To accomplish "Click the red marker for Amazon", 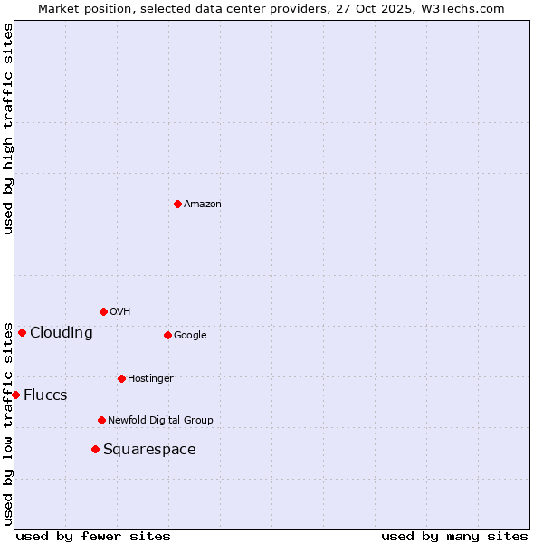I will click(177, 204).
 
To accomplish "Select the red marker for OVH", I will click(103, 311).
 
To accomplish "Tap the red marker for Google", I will click(167, 335).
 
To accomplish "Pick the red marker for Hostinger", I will click(121, 378).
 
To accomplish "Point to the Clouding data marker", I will click(22, 332).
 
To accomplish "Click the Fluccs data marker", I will click(15, 395).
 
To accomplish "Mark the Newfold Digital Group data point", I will click(101, 420).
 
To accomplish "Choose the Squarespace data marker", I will click(95, 449).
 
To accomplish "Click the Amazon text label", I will click(203, 205).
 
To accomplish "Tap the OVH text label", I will click(120, 312).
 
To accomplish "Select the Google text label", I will click(190, 336).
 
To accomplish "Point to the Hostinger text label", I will click(150, 378).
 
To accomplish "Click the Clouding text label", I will click(62, 333).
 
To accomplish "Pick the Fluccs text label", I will click(45, 395).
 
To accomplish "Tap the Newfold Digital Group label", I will click(160, 420).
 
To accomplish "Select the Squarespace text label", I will click(149, 450).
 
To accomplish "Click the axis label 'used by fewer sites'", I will click(93, 536).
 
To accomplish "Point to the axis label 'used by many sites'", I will click(454, 536).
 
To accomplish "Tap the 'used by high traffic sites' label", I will click(9, 129).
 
